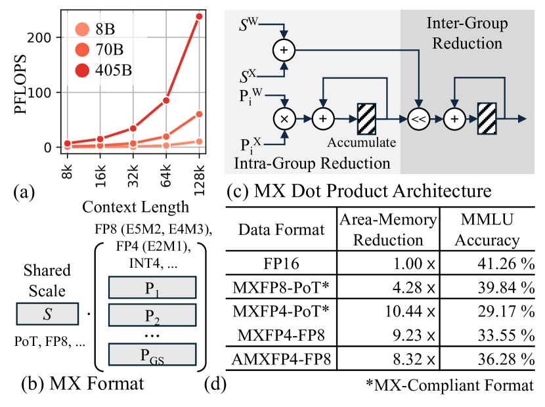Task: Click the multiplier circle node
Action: point(284,119)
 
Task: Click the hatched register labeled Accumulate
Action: point(366,118)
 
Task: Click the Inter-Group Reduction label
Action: point(468,34)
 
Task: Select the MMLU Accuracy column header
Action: point(486,230)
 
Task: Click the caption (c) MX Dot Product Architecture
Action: point(358,192)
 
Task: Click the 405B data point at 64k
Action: point(167,100)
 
